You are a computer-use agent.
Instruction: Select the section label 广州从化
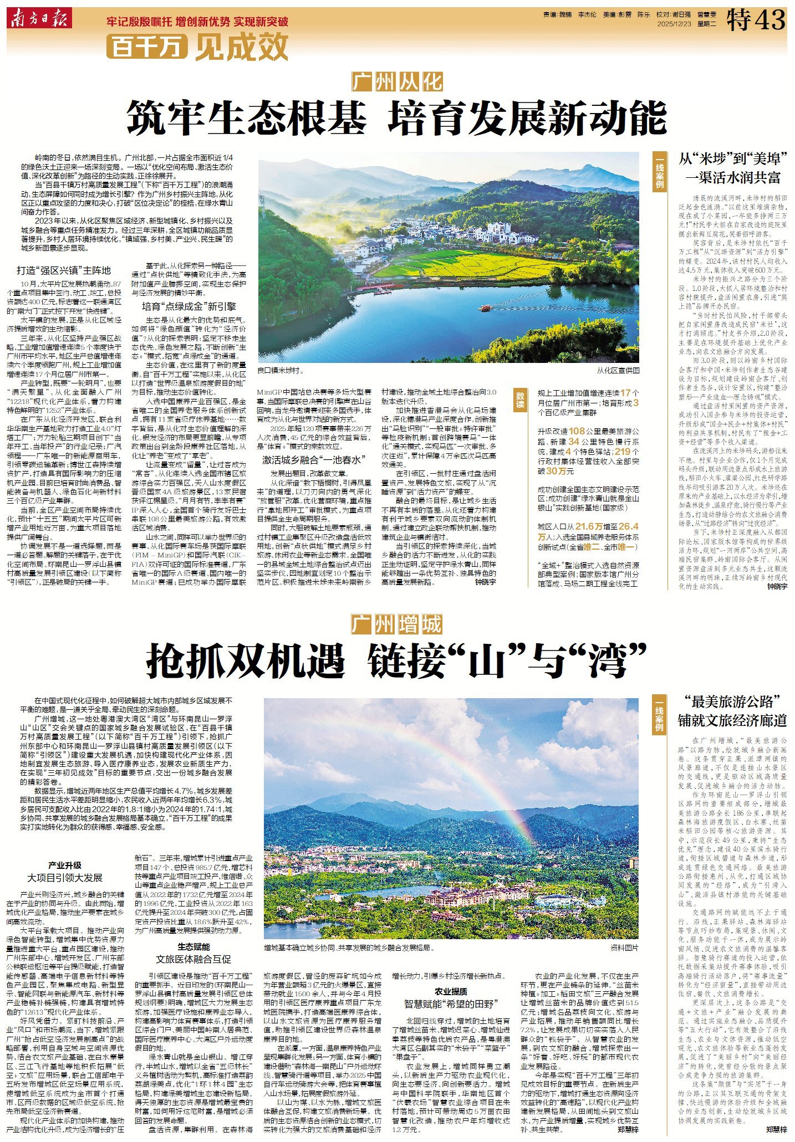point(397,81)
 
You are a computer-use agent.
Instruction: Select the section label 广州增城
point(397,624)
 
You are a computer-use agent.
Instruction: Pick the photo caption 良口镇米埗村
point(281,370)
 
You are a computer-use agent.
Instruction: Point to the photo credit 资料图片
point(624,948)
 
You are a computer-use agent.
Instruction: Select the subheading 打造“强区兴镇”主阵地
point(64,270)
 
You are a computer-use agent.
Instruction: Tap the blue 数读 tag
point(520,400)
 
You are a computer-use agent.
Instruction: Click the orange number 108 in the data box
point(577,431)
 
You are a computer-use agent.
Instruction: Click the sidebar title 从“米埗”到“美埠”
point(730,159)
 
